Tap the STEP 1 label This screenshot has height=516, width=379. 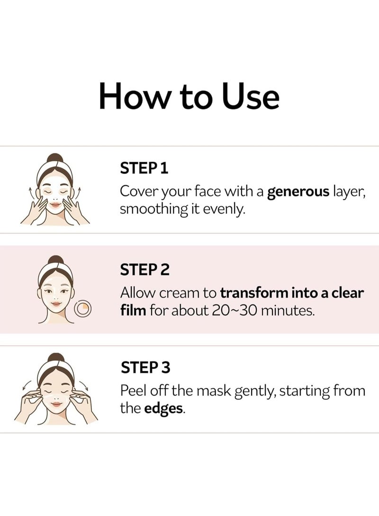144,169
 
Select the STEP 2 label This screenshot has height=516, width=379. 144,270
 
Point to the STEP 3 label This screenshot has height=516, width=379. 144,367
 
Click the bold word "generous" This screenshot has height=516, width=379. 298,192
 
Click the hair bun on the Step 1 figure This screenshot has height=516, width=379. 55,158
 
